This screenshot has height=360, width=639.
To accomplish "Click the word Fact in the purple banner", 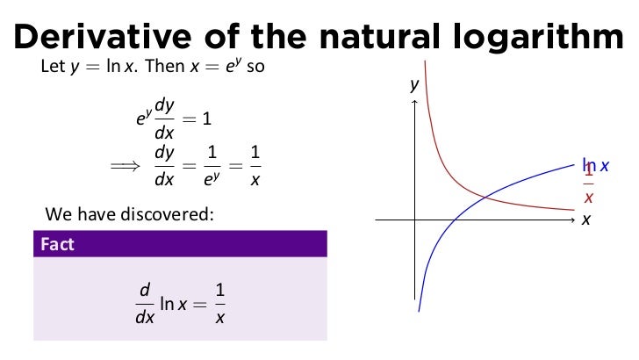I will click(x=57, y=244).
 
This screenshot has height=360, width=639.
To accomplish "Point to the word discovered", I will click(x=173, y=212).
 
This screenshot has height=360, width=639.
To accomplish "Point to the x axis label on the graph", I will click(x=585, y=220).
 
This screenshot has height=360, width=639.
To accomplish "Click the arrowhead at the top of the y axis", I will click(x=413, y=104).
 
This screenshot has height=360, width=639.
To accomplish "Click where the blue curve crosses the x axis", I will click(x=451, y=219).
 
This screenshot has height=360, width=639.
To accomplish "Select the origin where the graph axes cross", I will click(x=413, y=219).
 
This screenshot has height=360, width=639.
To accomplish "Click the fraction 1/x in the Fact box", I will click(x=220, y=302).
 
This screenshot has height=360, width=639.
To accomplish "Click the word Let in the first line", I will click(x=51, y=67).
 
